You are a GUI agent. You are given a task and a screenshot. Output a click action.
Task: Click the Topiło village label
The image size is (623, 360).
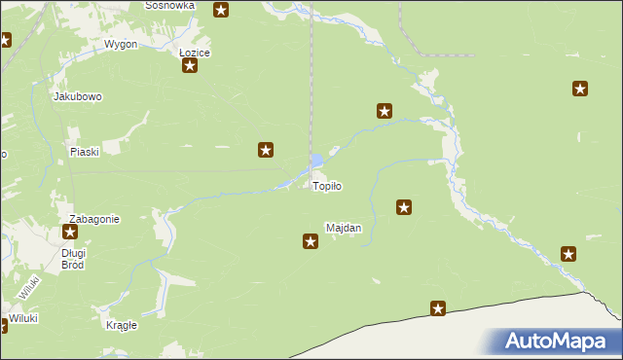(x=327, y=186)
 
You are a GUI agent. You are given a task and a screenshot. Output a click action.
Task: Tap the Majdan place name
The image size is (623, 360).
(x=344, y=229)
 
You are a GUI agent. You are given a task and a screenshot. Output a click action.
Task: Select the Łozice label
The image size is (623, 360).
(x=195, y=53)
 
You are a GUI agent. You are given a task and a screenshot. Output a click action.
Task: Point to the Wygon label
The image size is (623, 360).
(x=121, y=45)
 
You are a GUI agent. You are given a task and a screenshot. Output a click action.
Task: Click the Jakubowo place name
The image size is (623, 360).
(x=78, y=97)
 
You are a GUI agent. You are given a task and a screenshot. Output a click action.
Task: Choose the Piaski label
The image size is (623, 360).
(x=86, y=152)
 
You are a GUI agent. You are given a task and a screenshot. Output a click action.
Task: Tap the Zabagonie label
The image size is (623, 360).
(x=93, y=219)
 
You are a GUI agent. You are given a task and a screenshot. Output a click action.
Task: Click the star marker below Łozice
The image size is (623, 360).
(x=190, y=66)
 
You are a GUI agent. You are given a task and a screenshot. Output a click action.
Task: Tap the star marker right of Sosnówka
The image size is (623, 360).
(x=221, y=11)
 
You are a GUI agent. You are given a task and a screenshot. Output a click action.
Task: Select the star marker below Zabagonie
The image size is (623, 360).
(x=70, y=233)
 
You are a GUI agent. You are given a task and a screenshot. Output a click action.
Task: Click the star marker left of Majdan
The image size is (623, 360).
(x=311, y=240)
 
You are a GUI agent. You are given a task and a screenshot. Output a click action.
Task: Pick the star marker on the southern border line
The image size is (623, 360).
(x=438, y=309)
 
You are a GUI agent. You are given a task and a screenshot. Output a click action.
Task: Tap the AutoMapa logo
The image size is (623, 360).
(x=557, y=342)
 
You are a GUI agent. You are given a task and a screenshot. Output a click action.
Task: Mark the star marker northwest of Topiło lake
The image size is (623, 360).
(x=265, y=150)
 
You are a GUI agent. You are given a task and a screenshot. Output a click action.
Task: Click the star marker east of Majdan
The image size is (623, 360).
(x=404, y=206)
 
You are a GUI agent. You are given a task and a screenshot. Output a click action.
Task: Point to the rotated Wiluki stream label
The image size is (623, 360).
(x=27, y=286)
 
